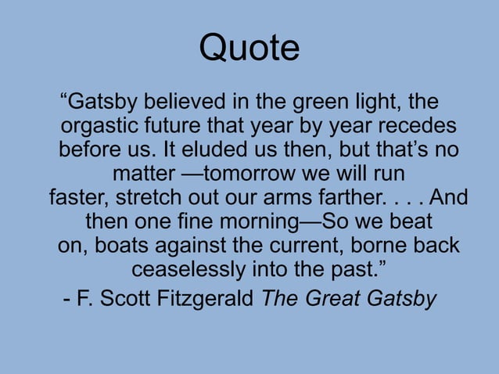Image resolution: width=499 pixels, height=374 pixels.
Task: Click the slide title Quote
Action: pyautogui.click(x=249, y=48)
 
